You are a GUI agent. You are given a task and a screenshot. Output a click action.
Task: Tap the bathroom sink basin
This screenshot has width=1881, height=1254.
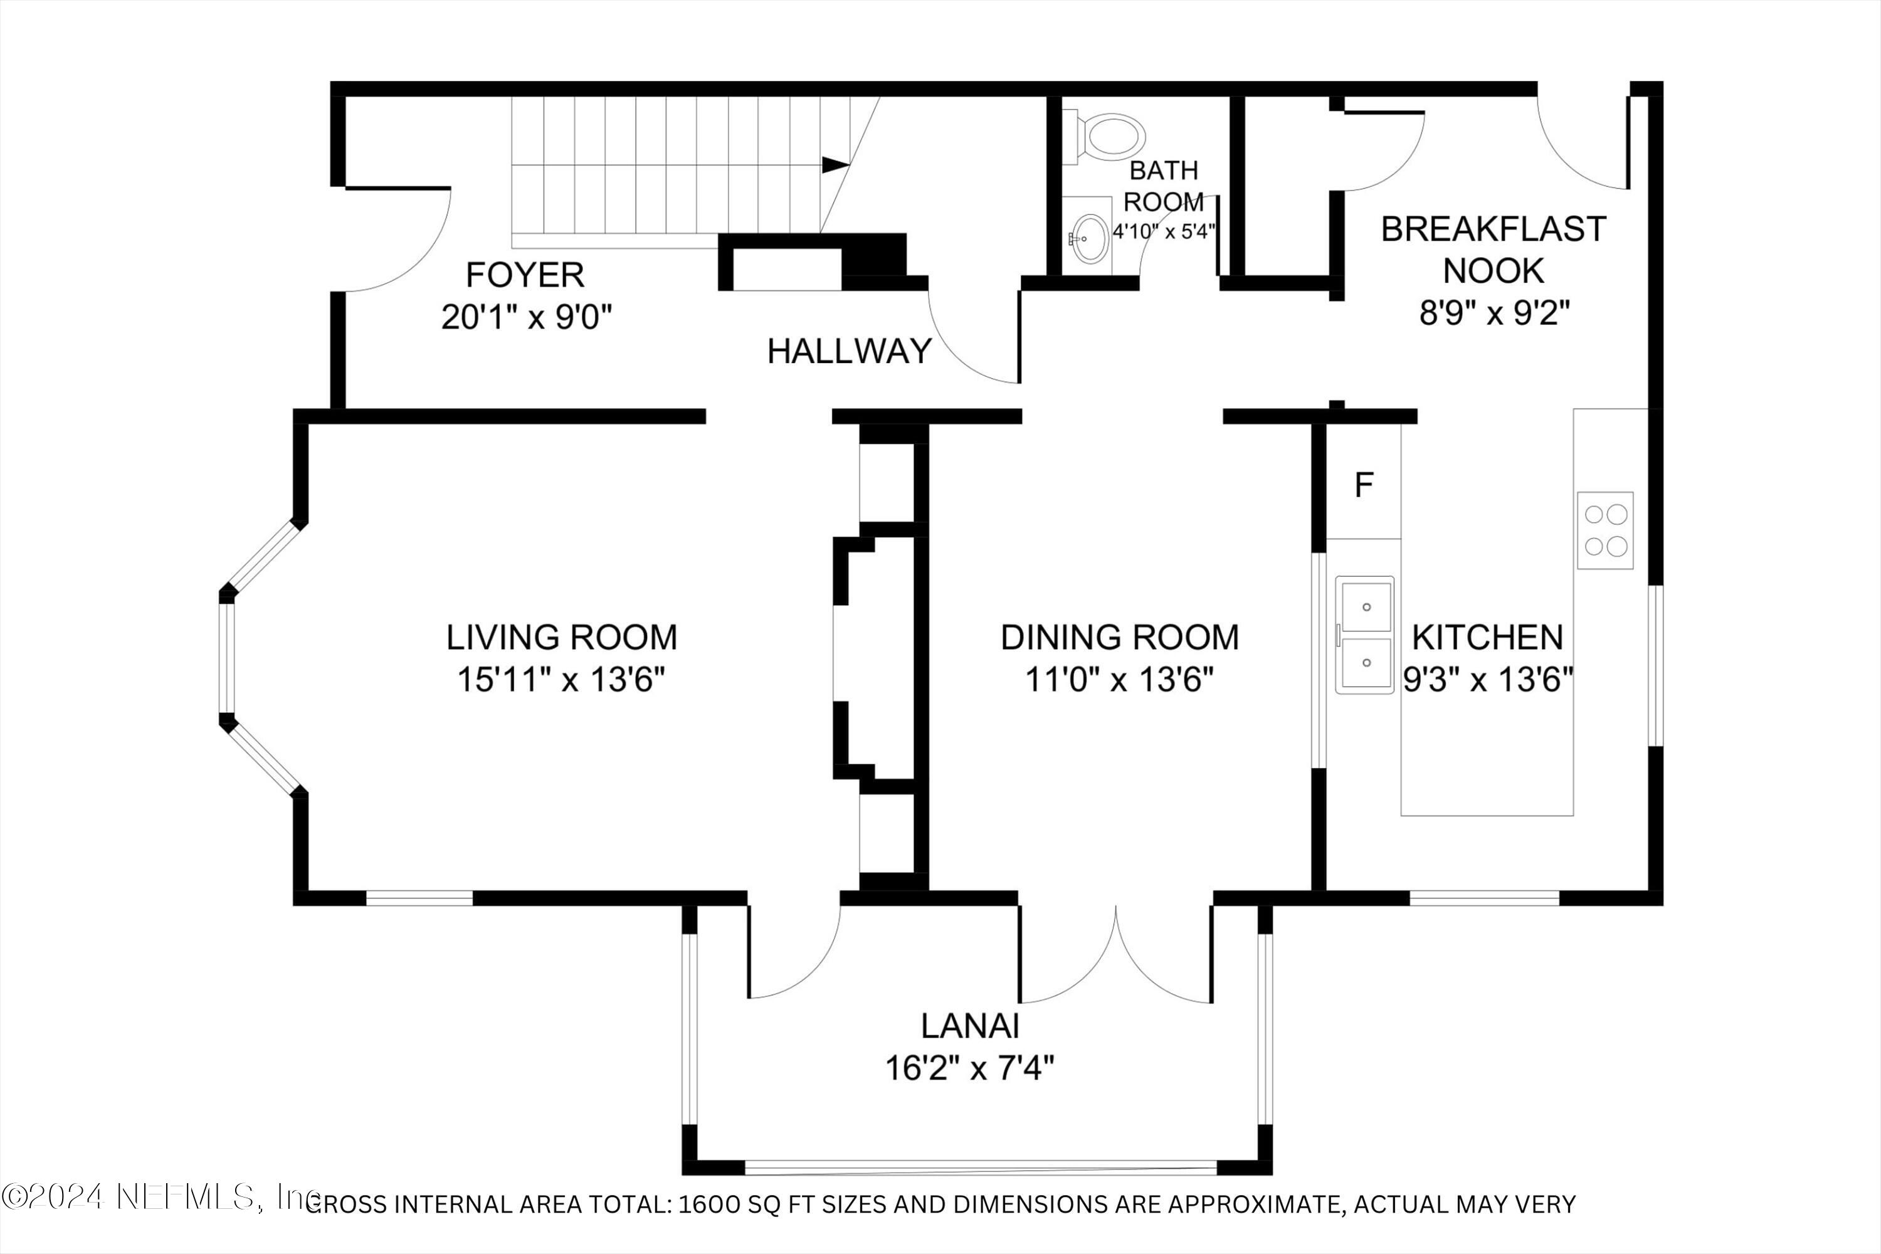point(1090,238)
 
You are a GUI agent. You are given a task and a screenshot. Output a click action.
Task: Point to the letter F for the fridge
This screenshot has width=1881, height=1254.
point(1364,485)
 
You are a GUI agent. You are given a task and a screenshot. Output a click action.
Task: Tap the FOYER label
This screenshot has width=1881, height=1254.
point(525,275)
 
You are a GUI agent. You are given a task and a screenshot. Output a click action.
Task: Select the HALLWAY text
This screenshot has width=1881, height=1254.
point(850,351)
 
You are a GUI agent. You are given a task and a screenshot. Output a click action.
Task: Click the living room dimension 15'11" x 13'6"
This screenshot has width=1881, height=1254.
point(561,680)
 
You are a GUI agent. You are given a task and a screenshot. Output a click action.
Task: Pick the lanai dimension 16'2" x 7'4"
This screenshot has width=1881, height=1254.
point(969,1068)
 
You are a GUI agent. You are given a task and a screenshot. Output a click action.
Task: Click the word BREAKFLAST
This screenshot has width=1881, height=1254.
point(1493,229)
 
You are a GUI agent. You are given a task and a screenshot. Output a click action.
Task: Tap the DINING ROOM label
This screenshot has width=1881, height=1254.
point(1120,638)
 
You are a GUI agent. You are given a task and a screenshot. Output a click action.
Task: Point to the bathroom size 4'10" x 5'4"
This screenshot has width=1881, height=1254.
point(1164,233)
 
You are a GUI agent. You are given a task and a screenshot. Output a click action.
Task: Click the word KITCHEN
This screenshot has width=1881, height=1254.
point(1487,638)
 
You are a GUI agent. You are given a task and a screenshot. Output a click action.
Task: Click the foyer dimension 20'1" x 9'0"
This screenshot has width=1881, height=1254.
point(526,317)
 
